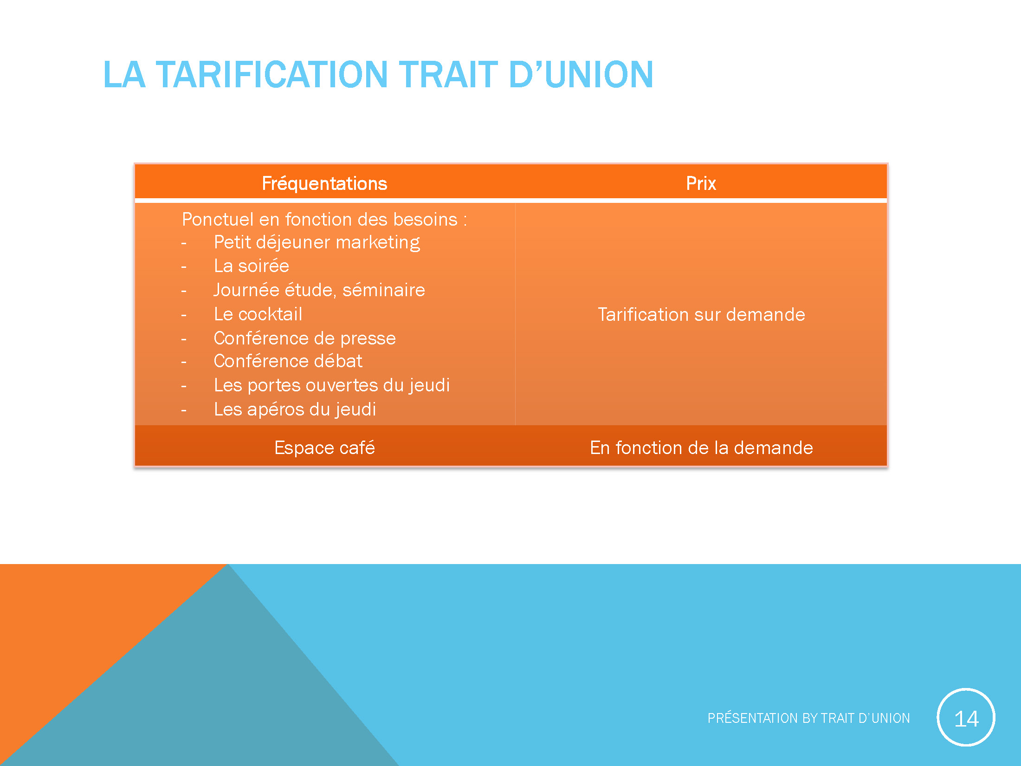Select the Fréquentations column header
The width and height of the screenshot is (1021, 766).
(324, 183)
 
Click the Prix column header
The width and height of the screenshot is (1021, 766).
(701, 183)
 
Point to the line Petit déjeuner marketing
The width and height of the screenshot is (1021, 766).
(317, 242)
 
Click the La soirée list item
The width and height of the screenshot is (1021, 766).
(251, 266)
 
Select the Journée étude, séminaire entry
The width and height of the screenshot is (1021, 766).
(319, 290)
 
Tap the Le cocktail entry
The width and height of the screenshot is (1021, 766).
(258, 314)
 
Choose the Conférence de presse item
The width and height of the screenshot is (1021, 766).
(304, 338)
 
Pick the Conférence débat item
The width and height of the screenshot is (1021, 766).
(288, 361)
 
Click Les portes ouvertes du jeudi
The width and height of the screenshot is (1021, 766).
(331, 385)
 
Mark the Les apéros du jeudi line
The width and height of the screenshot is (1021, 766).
(295, 409)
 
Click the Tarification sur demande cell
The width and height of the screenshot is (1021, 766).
(701, 315)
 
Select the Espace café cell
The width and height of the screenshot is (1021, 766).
(324, 448)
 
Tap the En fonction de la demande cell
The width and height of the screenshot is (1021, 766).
(701, 448)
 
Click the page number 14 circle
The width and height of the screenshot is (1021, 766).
(966, 718)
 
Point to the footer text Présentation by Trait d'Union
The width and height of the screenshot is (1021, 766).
(808, 718)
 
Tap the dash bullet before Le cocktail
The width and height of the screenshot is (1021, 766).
(184, 315)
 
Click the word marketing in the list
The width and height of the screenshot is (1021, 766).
(377, 242)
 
